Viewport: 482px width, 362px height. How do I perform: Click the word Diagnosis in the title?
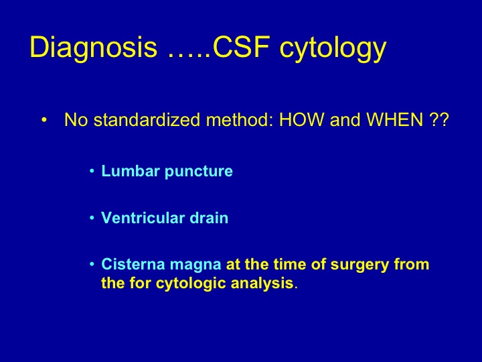click(94, 47)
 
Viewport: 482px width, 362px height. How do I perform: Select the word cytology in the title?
click(333, 49)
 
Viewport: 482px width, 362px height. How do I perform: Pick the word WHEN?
click(395, 119)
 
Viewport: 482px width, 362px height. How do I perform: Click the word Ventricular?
click(143, 218)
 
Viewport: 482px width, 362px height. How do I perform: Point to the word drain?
click(209, 218)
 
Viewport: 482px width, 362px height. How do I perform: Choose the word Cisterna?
click(133, 264)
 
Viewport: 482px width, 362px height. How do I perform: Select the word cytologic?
click(191, 284)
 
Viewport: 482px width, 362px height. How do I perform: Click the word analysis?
click(262, 284)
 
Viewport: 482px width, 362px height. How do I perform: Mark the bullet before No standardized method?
click(44, 120)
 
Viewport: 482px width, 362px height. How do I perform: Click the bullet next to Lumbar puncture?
click(92, 171)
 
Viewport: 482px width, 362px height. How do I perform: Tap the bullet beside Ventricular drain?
click(92, 218)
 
